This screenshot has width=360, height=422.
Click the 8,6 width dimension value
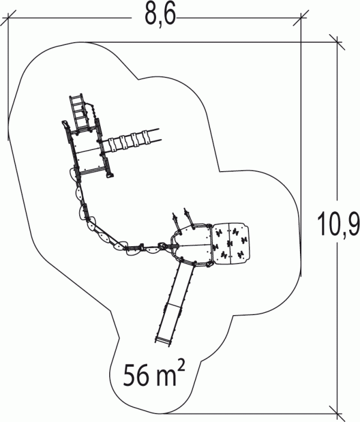click(x=160, y=16)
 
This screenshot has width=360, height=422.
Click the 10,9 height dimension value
click(x=338, y=224)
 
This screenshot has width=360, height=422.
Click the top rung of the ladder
click(x=76, y=98)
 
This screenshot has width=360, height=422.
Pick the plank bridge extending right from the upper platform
click(x=131, y=140)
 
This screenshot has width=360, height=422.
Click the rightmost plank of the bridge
click(x=145, y=137)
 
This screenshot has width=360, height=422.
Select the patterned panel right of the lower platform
click(x=230, y=240)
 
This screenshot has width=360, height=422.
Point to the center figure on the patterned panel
click(x=229, y=244)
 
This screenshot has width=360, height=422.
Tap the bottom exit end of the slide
click(x=163, y=340)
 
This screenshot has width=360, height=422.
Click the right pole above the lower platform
click(x=189, y=217)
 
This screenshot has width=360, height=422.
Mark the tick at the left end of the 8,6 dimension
click(x=8, y=18)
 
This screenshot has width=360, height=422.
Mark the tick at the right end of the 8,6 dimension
click(x=301, y=18)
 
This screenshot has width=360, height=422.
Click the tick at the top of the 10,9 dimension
click(x=337, y=42)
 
